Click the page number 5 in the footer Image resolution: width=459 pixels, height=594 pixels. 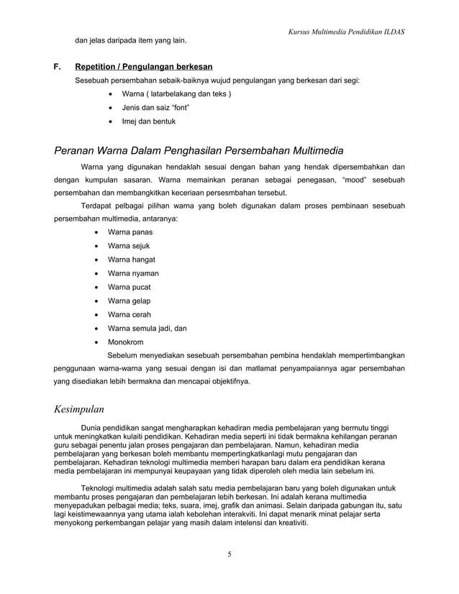pos(229,553)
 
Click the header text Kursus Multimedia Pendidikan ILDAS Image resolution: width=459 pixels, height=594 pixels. pos(346,32)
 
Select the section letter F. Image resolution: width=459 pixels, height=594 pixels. pos(57,67)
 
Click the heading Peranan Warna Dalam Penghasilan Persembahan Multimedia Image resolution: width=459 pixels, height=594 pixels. pos(199,150)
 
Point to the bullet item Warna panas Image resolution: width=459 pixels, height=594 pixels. pos(129,232)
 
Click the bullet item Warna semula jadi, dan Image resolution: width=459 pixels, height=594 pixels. pos(147,328)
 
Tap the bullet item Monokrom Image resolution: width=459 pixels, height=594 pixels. pos(125,342)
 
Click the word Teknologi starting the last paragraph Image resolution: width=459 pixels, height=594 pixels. pos(100,488)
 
